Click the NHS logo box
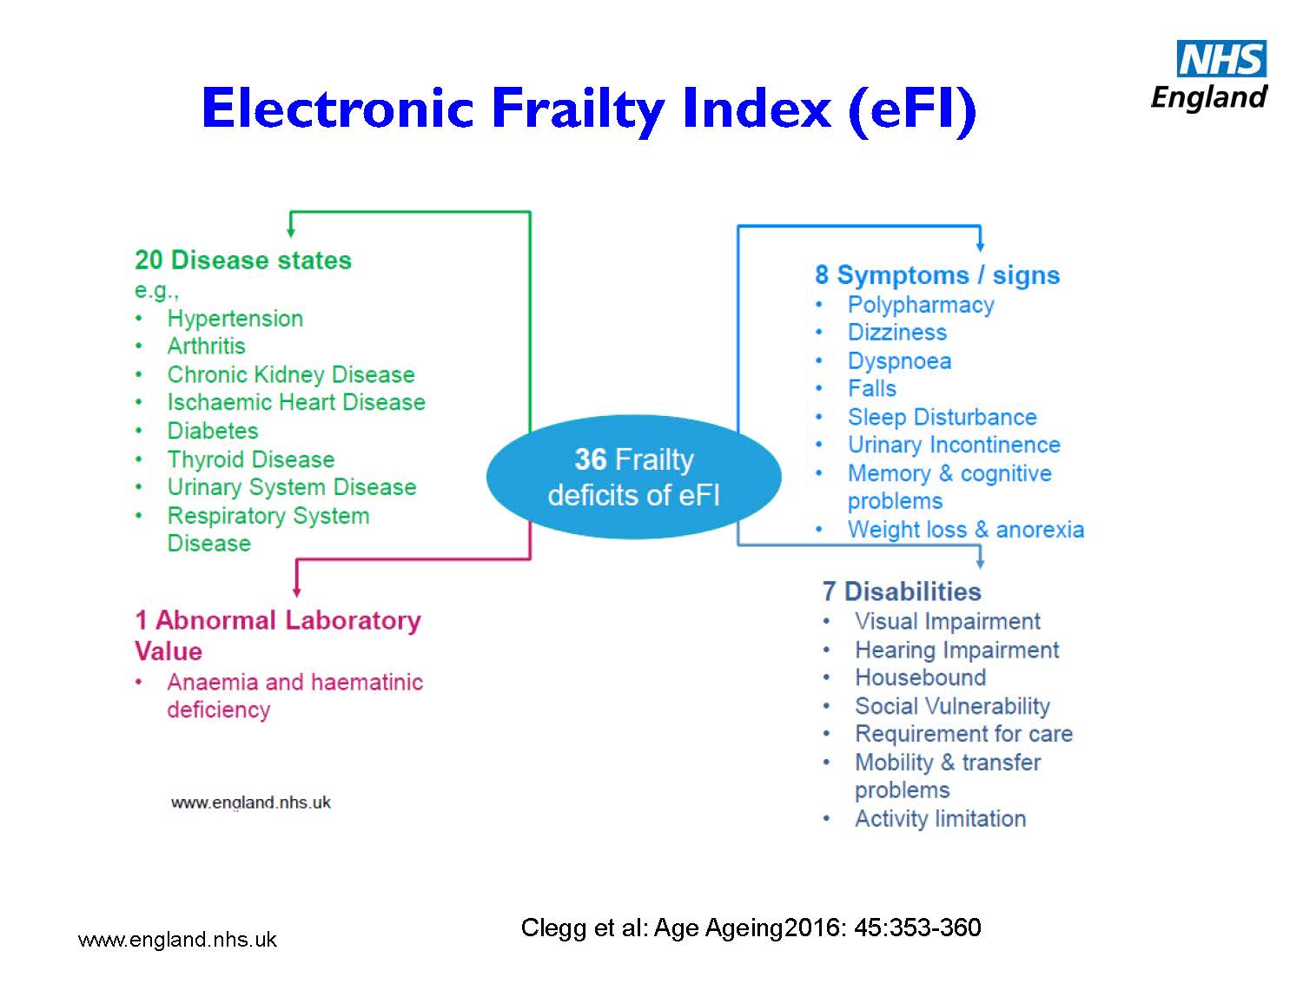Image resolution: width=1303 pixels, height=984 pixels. pyautogui.click(x=1221, y=58)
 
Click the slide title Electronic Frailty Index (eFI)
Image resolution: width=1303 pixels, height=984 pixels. pyautogui.click(x=588, y=109)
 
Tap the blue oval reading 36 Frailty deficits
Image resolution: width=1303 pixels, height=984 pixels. pyautogui.click(x=633, y=477)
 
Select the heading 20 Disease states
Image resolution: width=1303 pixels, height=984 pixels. pyautogui.click(x=242, y=260)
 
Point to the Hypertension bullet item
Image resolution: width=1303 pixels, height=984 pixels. pyautogui.click(x=235, y=319)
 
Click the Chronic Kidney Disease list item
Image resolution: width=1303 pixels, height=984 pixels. pyautogui.click(x=291, y=374)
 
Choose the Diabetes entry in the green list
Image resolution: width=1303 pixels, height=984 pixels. pyautogui.click(x=213, y=430)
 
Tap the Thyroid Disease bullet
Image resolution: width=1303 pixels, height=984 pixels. pyautogui.click(x=250, y=459)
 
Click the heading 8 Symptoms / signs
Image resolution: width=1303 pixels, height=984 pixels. pyautogui.click(x=937, y=274)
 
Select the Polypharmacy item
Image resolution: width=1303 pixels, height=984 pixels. pyautogui.click(x=921, y=305)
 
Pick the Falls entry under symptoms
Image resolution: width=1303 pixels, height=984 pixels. pyautogui.click(x=871, y=389)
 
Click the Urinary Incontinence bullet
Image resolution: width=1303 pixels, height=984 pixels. pyautogui.click(x=954, y=445)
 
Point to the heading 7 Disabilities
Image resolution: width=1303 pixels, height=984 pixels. pyautogui.click(x=901, y=591)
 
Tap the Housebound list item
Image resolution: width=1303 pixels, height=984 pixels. pyautogui.click(x=920, y=677)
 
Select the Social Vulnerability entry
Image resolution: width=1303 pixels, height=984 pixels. pyautogui.click(x=952, y=706)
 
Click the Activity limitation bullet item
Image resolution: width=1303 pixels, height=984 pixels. pyautogui.click(x=940, y=818)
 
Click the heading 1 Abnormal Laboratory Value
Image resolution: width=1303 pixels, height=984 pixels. pyautogui.click(x=278, y=636)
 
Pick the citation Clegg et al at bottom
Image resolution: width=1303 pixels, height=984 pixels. pyautogui.click(x=751, y=928)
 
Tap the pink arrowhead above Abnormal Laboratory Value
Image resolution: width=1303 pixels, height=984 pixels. pyautogui.click(x=297, y=591)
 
